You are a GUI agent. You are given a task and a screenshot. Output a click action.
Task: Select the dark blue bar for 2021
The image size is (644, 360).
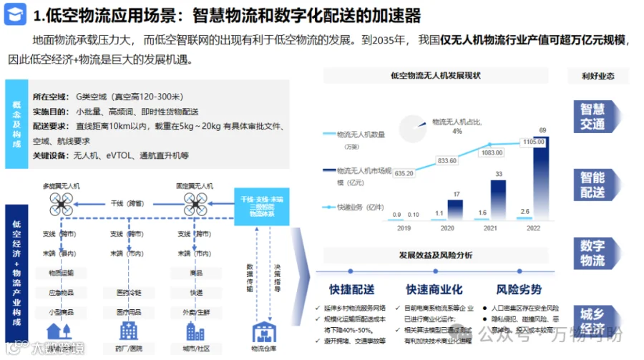point(497,198)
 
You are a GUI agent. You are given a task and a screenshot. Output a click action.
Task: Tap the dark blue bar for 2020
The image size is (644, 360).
point(455,208)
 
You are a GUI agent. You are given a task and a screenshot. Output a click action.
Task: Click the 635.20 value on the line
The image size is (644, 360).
point(404,173)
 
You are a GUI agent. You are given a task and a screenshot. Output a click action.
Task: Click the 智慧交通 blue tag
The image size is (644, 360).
point(592,116)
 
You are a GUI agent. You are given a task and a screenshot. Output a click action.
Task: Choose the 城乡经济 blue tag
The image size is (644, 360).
point(592,321)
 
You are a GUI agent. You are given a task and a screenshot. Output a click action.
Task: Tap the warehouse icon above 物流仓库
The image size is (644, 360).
point(263,331)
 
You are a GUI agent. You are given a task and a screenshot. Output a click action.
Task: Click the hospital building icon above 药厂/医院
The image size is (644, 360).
point(129,330)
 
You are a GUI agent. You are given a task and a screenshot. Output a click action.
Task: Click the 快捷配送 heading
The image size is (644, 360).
point(351,289)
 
